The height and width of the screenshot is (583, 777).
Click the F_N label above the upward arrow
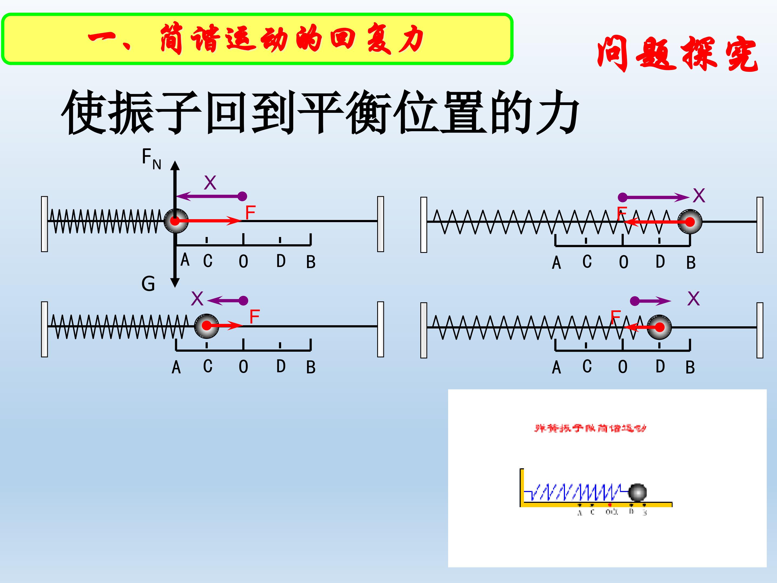[x=151, y=158]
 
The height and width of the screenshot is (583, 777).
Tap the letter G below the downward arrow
[x=148, y=284]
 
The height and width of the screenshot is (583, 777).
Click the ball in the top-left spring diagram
[x=176, y=221]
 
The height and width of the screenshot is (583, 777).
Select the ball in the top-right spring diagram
[x=690, y=222]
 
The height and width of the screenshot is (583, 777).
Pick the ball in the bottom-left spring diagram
[x=207, y=326]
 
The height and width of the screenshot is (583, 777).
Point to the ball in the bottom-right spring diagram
[x=659, y=327]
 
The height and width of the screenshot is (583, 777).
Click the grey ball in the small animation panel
[x=637, y=492]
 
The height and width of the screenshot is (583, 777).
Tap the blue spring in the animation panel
[x=576, y=492]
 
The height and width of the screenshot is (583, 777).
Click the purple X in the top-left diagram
[x=210, y=183]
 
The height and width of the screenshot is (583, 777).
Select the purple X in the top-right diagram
[x=699, y=195]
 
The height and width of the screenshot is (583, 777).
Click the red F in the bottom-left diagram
[x=254, y=317]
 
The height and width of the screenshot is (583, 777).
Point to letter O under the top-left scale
[x=243, y=262]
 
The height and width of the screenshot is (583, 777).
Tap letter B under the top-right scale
[x=691, y=263]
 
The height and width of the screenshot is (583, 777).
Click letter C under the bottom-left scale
[x=207, y=366]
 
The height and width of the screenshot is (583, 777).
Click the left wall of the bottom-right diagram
[x=424, y=330]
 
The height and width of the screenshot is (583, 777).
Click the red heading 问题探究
[x=677, y=54]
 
